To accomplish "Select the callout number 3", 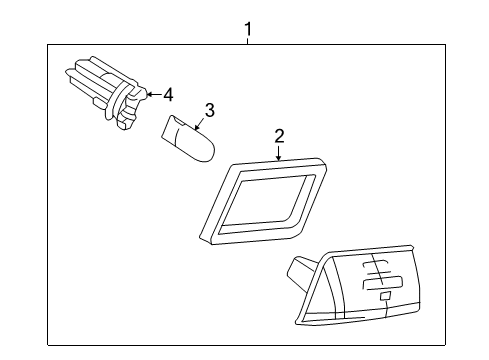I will [210, 108].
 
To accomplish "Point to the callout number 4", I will [167, 95].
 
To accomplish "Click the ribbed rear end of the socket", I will [80, 80].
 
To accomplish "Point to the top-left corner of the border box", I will [47, 43].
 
